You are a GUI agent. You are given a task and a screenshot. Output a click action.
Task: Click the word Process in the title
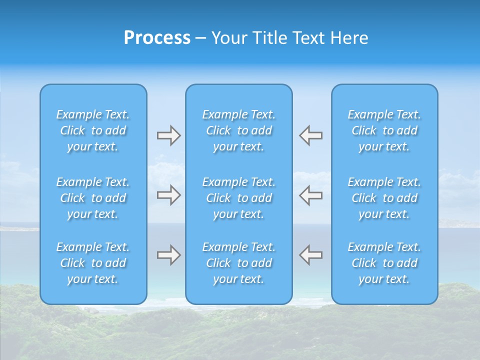[x=157, y=38]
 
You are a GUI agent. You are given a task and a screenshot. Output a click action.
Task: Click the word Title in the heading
[x=269, y=38]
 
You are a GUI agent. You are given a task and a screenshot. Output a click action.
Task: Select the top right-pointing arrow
[x=168, y=135]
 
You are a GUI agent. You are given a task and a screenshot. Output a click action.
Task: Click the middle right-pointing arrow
[x=168, y=195]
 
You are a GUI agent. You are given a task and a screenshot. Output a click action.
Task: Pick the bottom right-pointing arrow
[x=168, y=255]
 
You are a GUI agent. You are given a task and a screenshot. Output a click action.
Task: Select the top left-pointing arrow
[x=310, y=135]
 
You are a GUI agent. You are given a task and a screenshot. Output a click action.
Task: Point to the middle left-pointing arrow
[x=310, y=195]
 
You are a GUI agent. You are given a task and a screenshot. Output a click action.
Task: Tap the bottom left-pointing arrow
[x=310, y=255]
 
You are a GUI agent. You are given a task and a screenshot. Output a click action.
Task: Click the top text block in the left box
[x=93, y=130]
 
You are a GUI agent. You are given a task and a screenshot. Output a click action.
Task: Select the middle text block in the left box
[x=93, y=198]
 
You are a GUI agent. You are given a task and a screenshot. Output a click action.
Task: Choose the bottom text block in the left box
[x=93, y=263]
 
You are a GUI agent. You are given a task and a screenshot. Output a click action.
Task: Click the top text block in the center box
[x=238, y=130]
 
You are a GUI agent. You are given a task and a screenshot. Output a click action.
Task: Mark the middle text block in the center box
[x=238, y=198]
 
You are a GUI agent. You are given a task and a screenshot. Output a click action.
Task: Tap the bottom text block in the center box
[x=238, y=263]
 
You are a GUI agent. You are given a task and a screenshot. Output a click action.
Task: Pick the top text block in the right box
[x=384, y=130]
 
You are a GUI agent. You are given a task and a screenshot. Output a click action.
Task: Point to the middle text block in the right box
[x=384, y=198]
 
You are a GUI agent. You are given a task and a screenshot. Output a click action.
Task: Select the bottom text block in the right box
[x=384, y=263]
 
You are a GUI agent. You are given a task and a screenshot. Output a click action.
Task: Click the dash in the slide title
[x=200, y=38]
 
